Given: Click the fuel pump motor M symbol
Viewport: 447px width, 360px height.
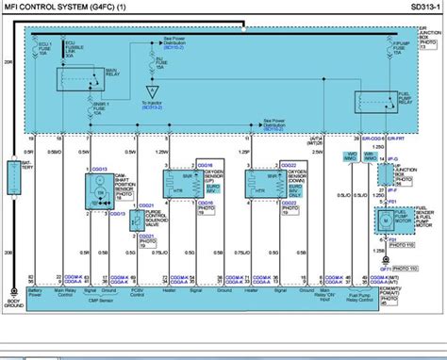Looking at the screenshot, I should [x=385, y=220].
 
